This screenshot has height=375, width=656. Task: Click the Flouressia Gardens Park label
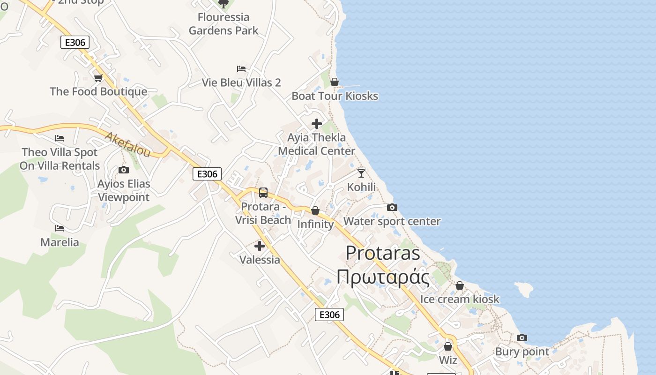224,24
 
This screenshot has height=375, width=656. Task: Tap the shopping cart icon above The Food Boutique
98,78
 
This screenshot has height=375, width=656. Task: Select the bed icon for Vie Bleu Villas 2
241,69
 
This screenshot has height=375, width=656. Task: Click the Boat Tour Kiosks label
335,96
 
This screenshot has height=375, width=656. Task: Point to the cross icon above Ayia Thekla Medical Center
317,124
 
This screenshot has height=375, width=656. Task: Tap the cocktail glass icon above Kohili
361,173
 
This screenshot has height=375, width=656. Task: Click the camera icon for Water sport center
392,207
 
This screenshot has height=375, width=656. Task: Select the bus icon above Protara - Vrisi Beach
263,192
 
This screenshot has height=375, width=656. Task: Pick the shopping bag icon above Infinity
315,210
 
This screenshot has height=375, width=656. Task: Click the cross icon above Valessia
260,246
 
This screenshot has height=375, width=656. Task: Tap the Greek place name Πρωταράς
383,277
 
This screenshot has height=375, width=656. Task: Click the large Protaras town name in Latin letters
383,253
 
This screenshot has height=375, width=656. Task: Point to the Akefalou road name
127,144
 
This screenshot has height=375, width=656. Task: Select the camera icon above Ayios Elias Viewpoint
124,170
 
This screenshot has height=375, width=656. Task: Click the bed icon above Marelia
60,228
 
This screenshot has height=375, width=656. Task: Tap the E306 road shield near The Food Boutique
75,43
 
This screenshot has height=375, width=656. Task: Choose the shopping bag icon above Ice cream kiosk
460,285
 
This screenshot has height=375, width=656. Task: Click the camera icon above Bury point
522,337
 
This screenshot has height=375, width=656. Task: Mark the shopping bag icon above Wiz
448,346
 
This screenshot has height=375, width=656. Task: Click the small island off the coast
525,289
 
